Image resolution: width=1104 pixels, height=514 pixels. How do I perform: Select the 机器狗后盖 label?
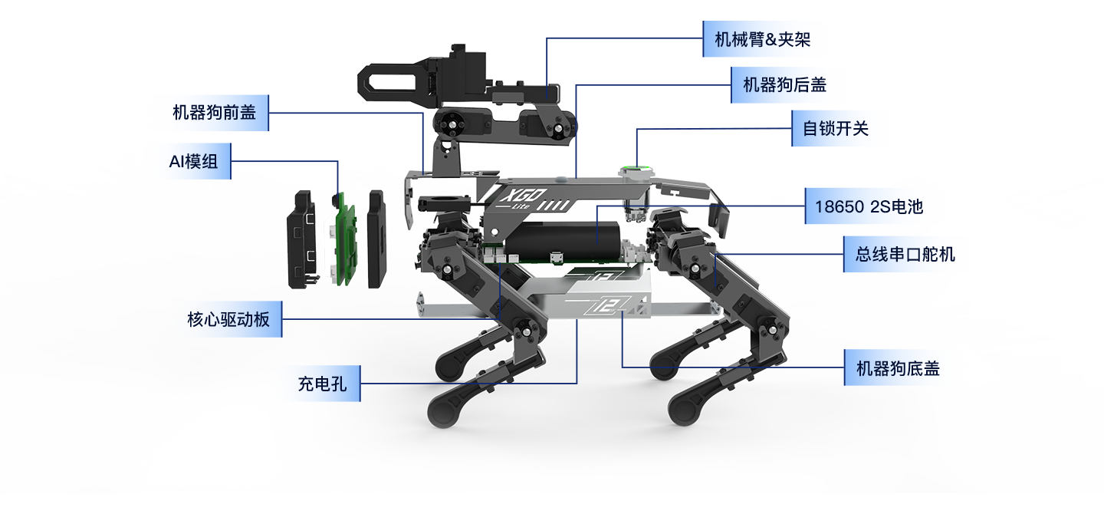(x=784, y=85)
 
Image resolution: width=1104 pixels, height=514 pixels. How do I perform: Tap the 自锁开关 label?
(x=836, y=128)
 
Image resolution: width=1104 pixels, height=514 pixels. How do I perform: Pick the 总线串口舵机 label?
(x=905, y=254)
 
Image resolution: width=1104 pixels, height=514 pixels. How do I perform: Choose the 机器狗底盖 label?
(x=898, y=369)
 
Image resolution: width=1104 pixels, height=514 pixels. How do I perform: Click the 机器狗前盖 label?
(x=214, y=113)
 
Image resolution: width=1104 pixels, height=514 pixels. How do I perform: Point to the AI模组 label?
(x=193, y=162)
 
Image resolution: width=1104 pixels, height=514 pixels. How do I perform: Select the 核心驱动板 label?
(x=228, y=319)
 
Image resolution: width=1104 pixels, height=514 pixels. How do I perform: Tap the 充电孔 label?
(x=322, y=384)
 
